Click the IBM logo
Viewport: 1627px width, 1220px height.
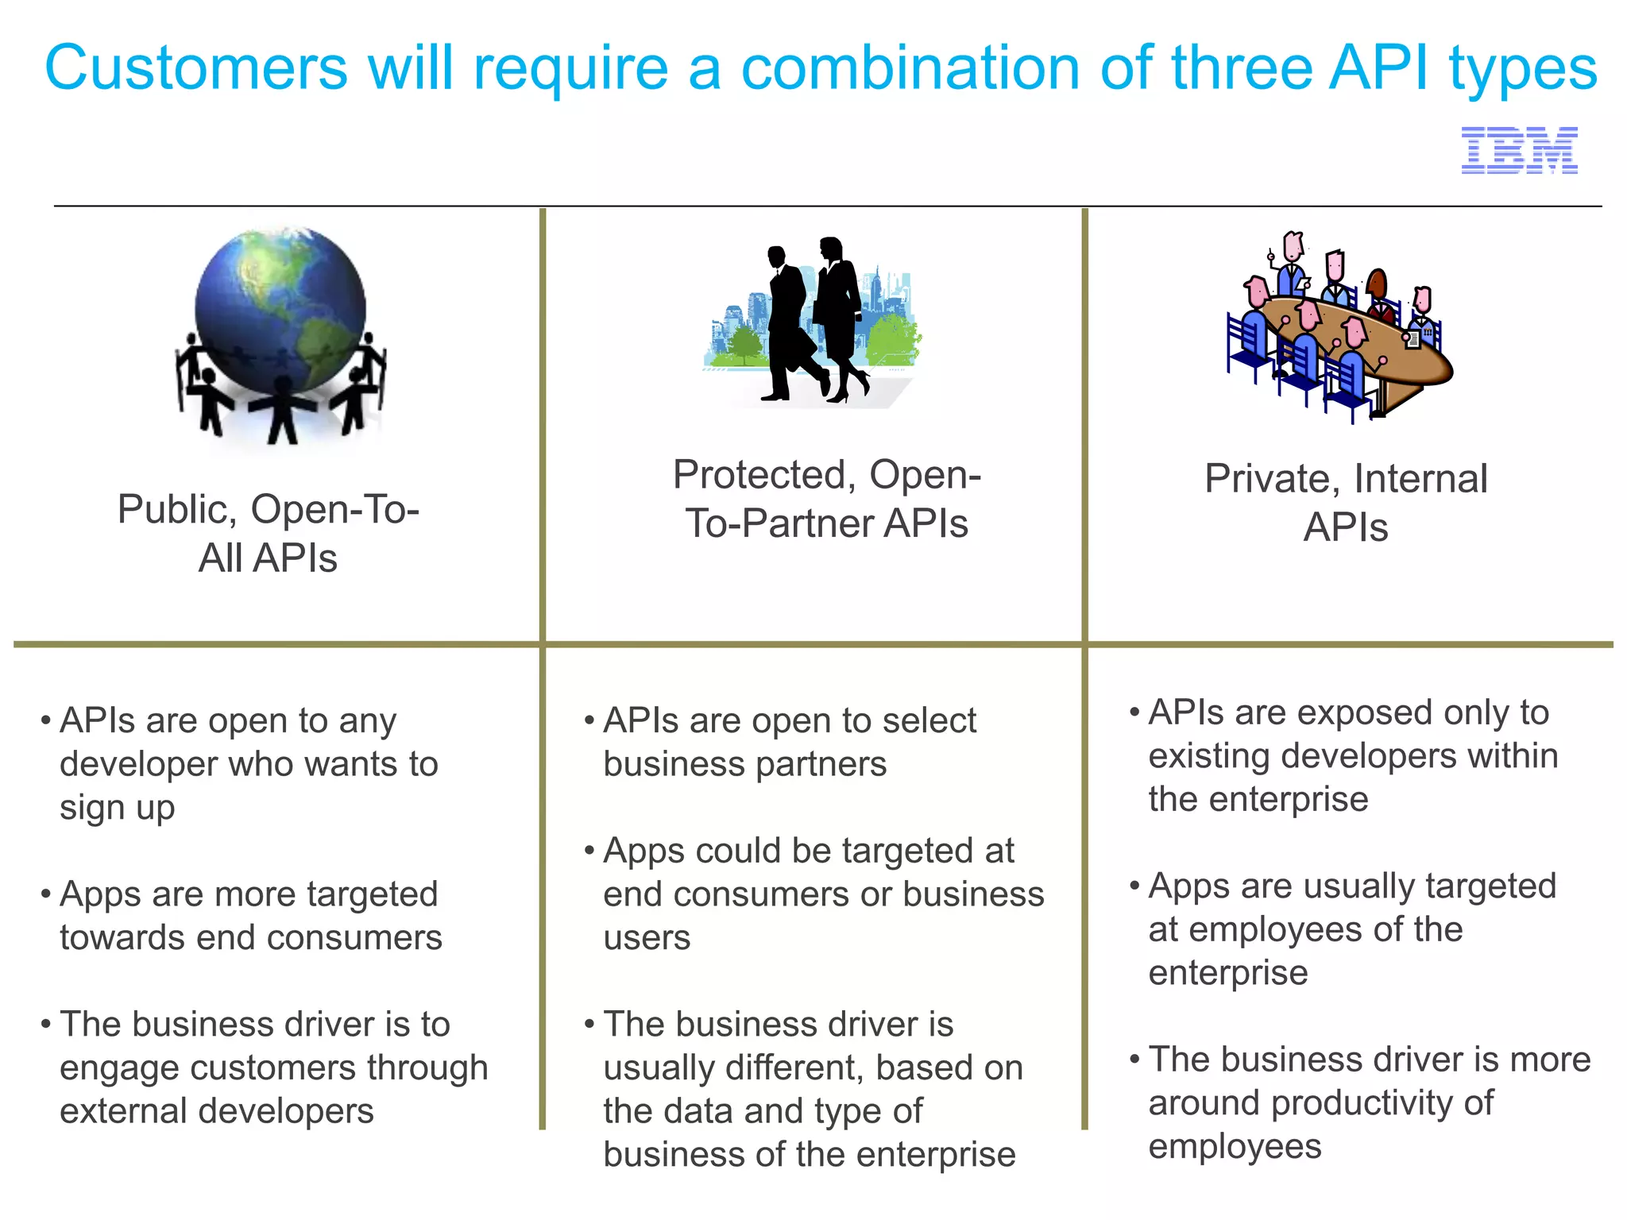(x=1519, y=150)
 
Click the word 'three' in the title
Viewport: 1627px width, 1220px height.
(x=1240, y=68)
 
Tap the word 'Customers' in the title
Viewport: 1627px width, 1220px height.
(x=196, y=68)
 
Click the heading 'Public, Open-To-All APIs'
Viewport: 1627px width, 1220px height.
(x=269, y=533)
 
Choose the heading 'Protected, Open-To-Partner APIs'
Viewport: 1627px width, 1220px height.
(x=827, y=499)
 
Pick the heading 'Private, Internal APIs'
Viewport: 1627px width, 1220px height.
(x=1346, y=502)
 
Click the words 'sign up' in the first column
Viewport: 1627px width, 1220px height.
(x=117, y=809)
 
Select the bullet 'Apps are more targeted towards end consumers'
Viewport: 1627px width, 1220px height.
(x=249, y=916)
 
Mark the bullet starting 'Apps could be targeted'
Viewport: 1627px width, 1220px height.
(x=823, y=894)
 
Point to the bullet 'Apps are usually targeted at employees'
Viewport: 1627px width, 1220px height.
(x=1351, y=929)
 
